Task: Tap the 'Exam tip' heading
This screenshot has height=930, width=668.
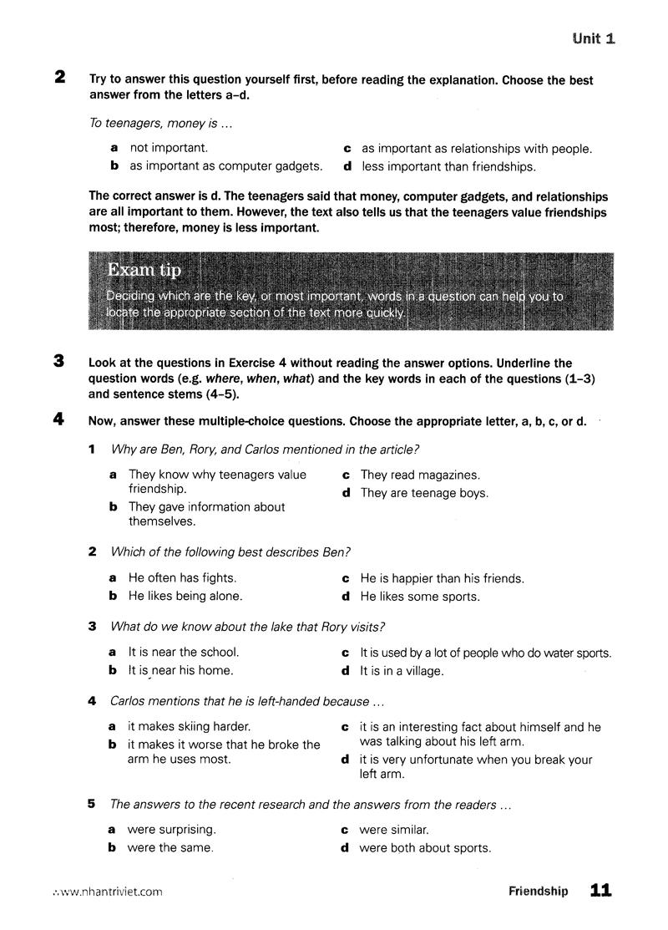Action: point(144,271)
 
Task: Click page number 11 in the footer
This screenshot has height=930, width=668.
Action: point(601,891)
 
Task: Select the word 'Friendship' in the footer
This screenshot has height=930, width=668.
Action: point(538,892)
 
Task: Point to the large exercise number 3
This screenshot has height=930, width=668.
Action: point(59,362)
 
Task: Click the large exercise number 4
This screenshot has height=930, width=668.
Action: point(59,420)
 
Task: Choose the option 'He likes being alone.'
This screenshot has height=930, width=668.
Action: point(185,597)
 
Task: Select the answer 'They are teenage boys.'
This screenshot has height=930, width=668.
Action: point(424,493)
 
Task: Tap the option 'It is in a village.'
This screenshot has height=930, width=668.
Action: point(401,670)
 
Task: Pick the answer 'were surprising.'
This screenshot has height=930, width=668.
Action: point(171,830)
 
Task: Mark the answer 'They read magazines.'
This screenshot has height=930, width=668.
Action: point(420,475)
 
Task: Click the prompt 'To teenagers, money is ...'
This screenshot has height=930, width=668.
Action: point(159,124)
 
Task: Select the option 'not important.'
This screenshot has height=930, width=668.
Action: point(168,148)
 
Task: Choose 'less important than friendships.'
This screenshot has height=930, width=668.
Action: point(448,166)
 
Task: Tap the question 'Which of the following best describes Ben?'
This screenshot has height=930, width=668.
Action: point(230,552)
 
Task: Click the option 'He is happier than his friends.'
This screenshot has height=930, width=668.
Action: point(442,578)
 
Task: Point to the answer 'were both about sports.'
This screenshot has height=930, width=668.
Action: point(425,848)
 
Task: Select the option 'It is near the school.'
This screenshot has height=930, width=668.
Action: point(183,652)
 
